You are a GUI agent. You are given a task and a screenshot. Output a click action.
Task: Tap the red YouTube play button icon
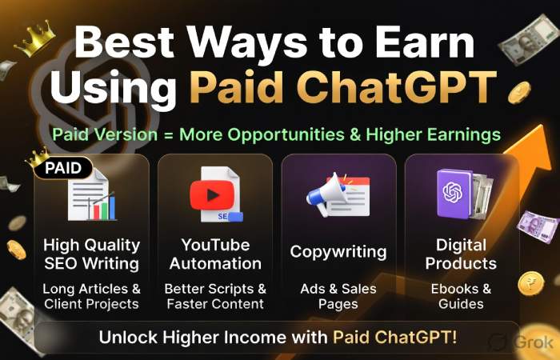210,194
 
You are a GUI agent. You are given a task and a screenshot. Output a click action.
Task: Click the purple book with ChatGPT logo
454,193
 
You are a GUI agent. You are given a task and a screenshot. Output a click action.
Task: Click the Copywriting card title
338,252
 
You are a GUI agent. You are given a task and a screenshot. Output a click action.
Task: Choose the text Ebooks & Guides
464,296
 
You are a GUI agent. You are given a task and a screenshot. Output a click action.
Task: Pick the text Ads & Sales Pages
338,296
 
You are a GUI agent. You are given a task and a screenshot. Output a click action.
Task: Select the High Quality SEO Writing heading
92,254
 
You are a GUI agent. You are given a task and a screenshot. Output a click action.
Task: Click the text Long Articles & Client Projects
92,296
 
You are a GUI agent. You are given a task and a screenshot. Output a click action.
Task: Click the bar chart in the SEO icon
101,207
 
